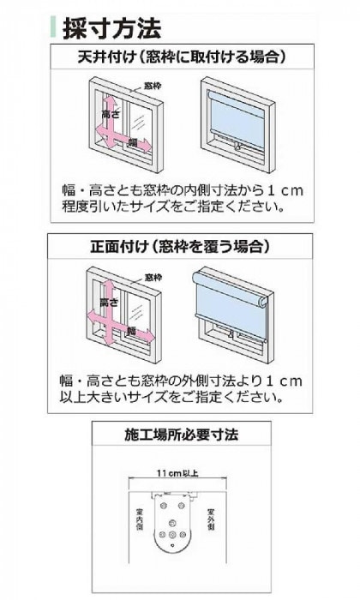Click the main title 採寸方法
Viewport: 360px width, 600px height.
coord(111,27)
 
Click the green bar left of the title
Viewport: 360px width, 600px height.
coord(54,27)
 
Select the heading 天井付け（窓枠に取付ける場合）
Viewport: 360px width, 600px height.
coord(179,58)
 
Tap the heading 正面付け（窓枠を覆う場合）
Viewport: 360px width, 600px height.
coord(179,246)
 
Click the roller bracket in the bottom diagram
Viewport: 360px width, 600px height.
coord(176,531)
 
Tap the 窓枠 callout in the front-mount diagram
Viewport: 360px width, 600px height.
coord(153,276)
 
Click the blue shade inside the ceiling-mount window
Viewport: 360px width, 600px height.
coord(237,115)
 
